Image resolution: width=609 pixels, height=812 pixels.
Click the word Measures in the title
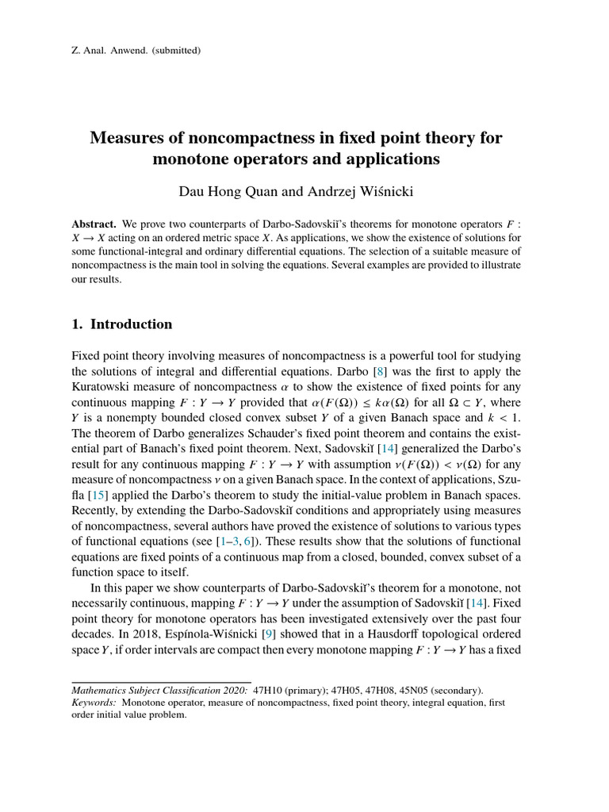point(132,138)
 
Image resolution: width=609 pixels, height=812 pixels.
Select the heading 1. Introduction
point(121,324)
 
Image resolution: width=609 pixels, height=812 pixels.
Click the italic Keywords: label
point(94,702)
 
